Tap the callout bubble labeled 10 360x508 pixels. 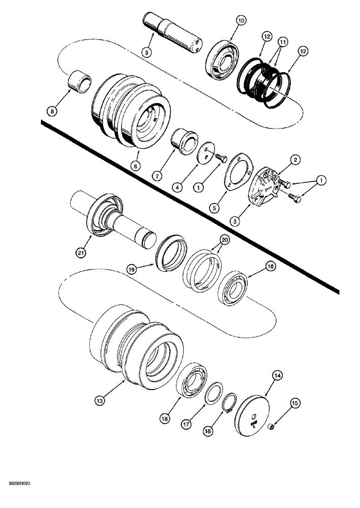pyautogui.click(x=241, y=20)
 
